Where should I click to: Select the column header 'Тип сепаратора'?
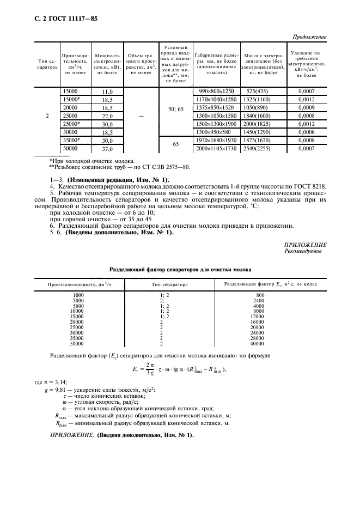coord(47,64)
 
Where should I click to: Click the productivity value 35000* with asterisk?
coord(71,140)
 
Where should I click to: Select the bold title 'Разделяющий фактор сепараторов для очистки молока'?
coord(180,269)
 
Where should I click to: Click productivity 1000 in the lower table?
coord(78,294)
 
